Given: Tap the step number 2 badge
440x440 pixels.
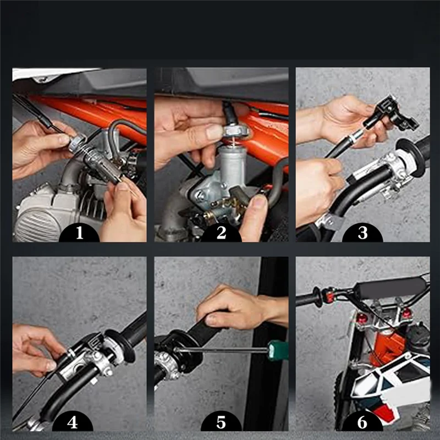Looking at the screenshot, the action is point(222,233).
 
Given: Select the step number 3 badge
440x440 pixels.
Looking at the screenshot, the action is point(362,233).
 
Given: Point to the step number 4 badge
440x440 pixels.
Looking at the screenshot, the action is point(73,422).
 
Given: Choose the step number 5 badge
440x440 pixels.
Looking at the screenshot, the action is point(221,422).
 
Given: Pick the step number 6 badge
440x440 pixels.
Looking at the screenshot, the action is point(362,422).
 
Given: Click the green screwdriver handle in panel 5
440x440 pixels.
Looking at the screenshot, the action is point(278,350).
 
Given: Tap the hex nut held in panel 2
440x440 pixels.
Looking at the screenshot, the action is point(235,131).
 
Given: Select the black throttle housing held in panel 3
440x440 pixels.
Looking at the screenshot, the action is point(392,114).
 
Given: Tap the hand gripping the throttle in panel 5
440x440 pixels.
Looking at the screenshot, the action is point(239,308).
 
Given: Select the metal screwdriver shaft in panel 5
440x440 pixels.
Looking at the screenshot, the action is point(221,350).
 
